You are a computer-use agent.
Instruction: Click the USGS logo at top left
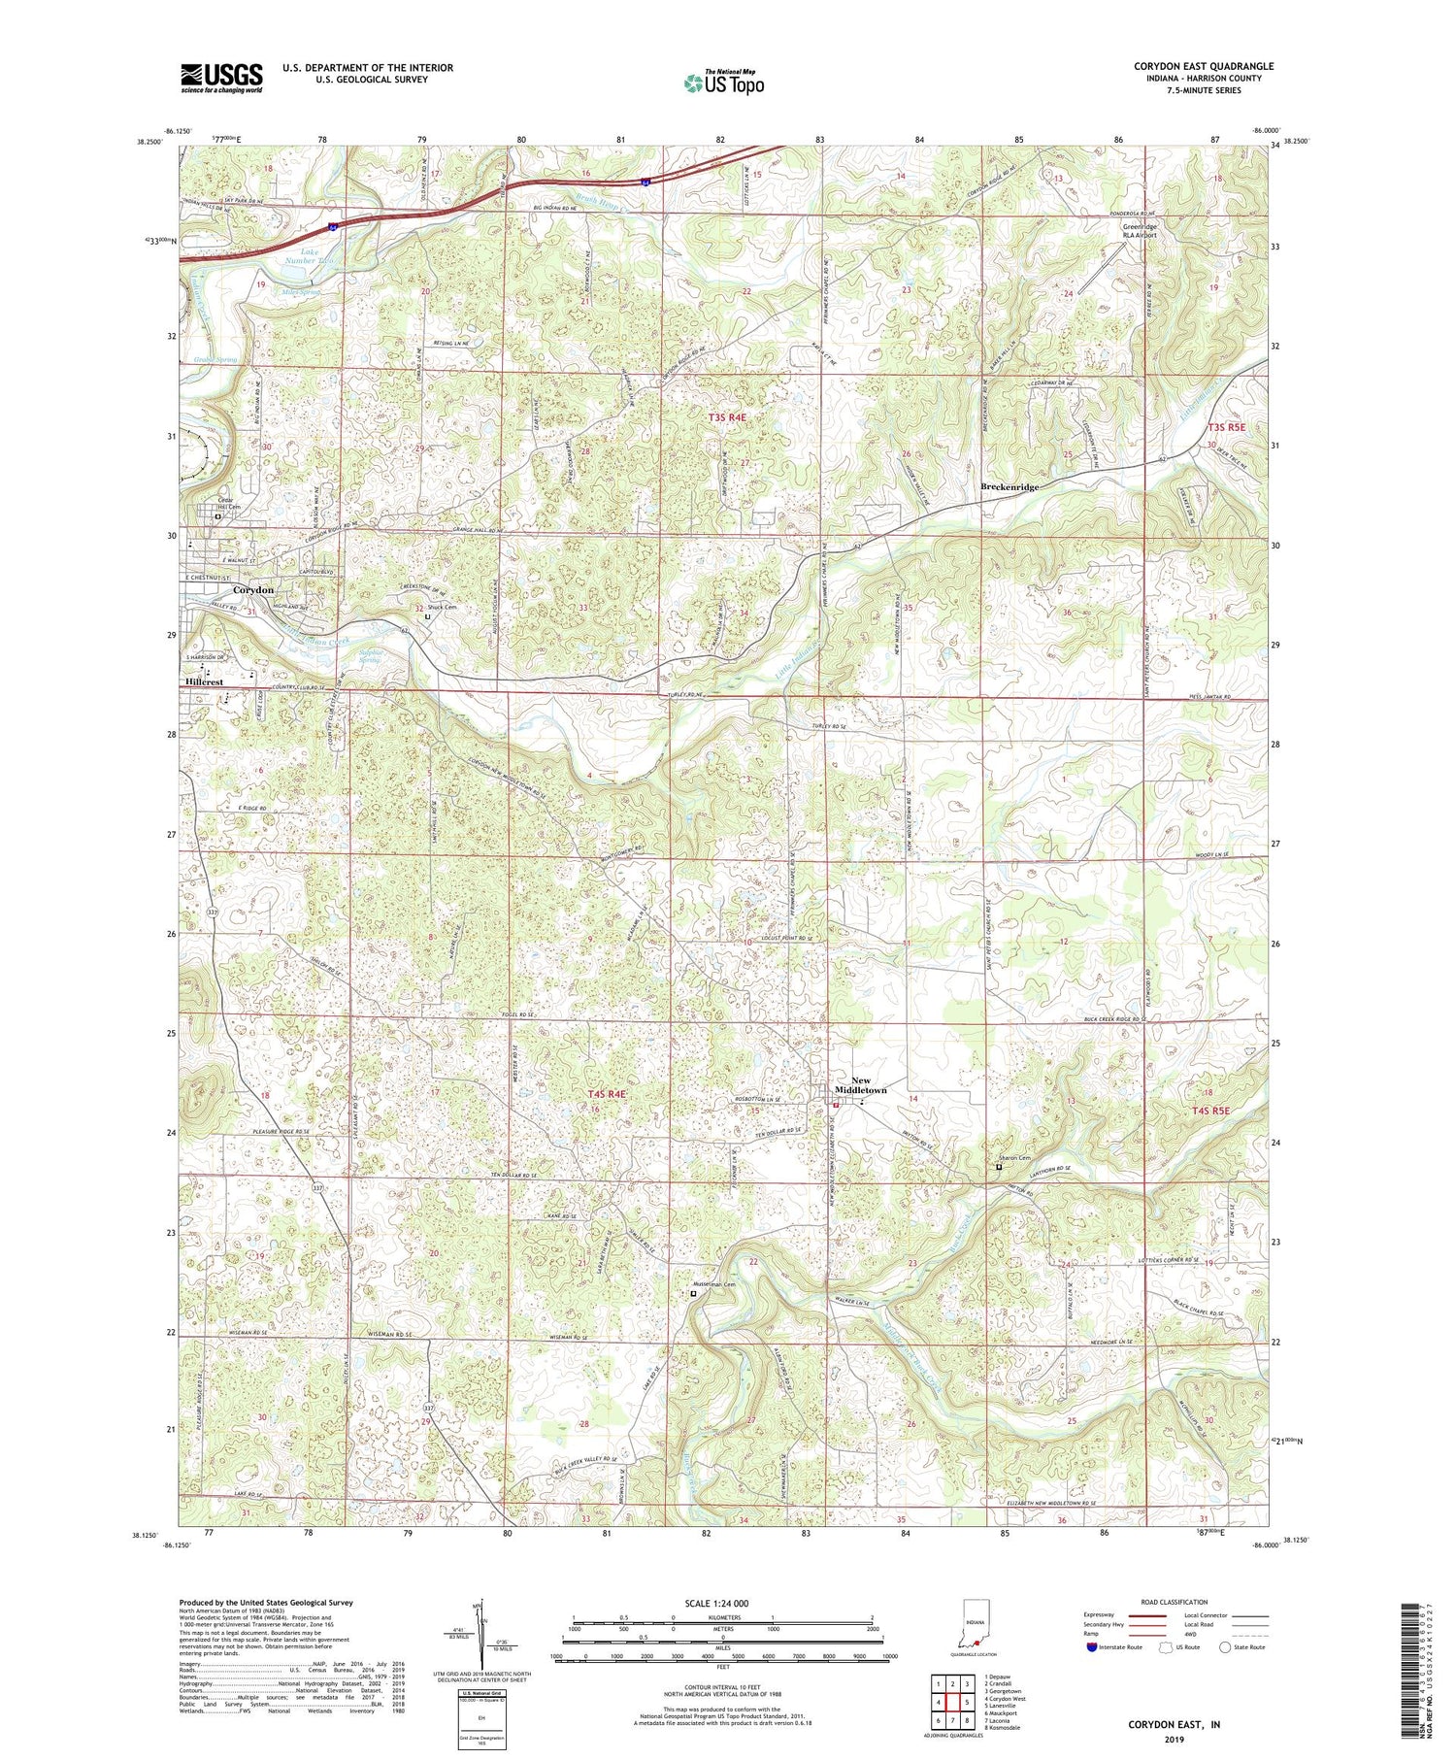pos(221,78)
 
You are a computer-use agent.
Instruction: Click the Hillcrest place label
pos(204,682)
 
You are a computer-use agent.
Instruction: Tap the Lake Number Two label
pos(311,256)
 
